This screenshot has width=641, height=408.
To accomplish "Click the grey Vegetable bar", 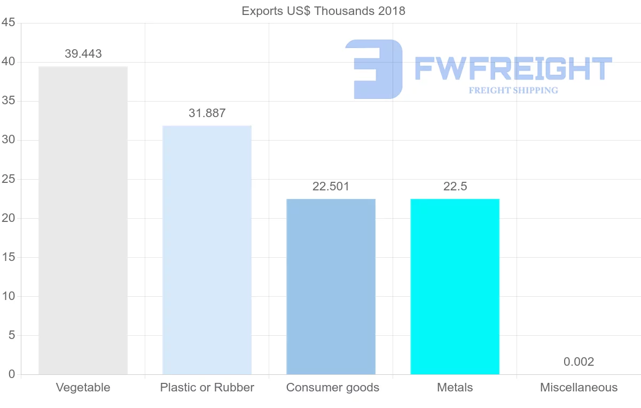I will pos(83,220).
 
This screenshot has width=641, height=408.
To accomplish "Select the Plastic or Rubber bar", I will pos(207,250).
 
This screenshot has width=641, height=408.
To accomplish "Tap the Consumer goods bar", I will pos(331,287).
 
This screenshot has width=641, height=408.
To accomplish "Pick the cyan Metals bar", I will pos(455,287).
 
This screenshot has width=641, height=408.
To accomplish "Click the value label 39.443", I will pos(83,54).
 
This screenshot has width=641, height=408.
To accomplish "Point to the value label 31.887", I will pos(207,113).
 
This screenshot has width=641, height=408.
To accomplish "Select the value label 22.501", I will pos(331,187).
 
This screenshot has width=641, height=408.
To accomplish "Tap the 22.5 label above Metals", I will pos(455,187).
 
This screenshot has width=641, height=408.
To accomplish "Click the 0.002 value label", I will pos(579,362).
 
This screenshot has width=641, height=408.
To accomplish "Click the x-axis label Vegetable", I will pos(83,388).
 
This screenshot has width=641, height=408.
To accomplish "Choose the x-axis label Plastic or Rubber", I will pos(207,388).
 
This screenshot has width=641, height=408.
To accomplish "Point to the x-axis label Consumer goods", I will pos(333,388).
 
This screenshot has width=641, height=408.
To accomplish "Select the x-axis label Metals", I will pos(455,388).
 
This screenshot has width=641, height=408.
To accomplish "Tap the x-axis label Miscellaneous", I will pos(579,388).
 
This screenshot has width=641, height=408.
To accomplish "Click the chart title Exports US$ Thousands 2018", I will pos(324,11).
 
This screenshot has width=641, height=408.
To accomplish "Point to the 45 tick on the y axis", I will pos(8,23).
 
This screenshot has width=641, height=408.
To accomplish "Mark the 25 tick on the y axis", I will pos(8,179).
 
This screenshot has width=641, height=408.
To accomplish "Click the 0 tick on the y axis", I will pos(11,374).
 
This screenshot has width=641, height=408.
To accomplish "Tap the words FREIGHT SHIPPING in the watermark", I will pos(513,90).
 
